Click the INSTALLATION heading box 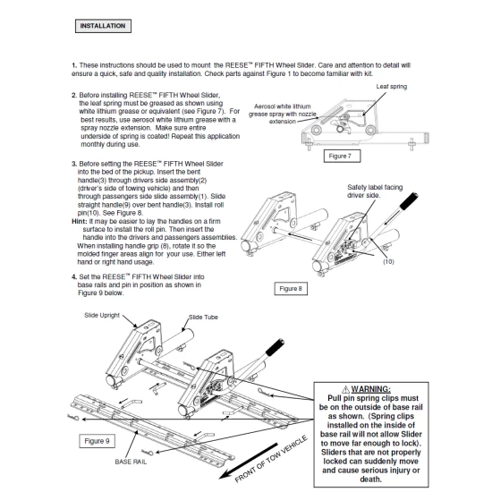103,26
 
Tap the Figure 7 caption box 342,156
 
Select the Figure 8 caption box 291,289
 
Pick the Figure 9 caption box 97,441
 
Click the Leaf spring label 392,87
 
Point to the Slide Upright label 102,316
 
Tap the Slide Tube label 203,318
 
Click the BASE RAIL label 131,462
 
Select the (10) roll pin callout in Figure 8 388,262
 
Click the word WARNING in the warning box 370,389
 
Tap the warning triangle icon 345,389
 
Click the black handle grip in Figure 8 408,201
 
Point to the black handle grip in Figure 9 275,347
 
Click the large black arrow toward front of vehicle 248,461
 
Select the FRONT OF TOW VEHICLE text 271,459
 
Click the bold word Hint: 80,222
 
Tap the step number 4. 74,277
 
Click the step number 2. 74,95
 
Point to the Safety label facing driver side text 375,191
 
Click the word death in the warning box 370,479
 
